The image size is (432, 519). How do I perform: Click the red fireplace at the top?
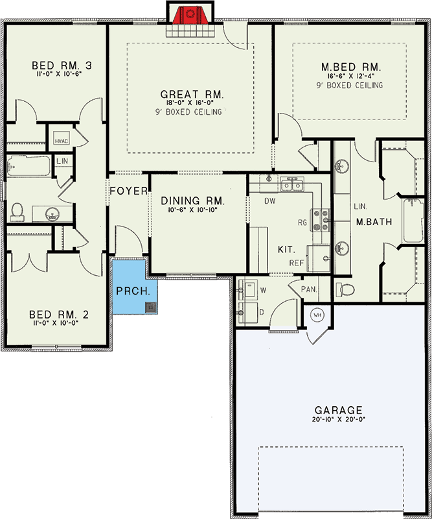coord(190,15)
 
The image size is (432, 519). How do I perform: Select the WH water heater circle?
coord(317,315)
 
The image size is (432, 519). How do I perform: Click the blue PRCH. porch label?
coord(133,291)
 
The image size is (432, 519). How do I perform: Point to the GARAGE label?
coord(338,410)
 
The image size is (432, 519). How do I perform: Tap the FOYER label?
coord(129,191)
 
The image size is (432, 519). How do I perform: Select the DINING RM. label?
coord(192,200)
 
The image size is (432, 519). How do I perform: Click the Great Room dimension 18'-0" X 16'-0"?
coord(190,103)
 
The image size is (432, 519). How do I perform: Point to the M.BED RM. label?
coord(351,67)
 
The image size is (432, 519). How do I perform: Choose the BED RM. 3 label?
coord(62,66)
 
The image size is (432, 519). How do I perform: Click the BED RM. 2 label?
coord(59,315)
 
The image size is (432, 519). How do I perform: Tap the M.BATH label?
coord(374,222)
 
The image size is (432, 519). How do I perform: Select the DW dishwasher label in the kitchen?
coord(269,201)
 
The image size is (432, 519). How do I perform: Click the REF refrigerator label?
coord(297,263)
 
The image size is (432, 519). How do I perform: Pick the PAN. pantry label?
coord(309,289)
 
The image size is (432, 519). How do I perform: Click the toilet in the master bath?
coord(345,289)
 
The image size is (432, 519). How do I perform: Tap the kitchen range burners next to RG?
coord(320,220)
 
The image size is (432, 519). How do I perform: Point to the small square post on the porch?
coord(151,308)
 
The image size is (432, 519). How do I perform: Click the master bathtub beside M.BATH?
coord(413,221)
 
